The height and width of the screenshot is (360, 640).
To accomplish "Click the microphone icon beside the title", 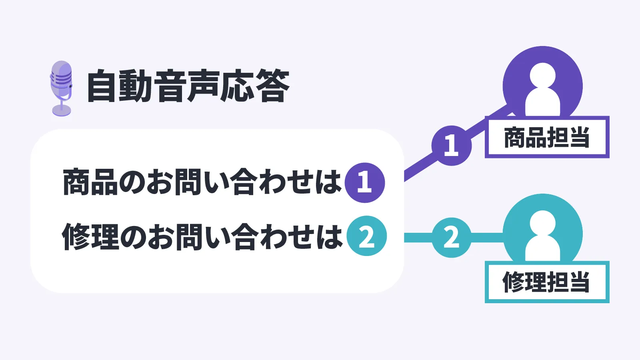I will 61,88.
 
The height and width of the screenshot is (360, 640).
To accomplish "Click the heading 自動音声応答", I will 188,86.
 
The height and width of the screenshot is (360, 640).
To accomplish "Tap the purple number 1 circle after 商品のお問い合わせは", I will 365,182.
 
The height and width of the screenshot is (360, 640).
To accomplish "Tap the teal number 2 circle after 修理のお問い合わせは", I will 366,236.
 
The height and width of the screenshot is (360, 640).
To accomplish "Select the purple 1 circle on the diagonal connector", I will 452,145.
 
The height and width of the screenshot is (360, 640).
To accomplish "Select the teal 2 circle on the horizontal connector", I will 452,238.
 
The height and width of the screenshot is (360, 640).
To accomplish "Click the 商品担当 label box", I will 547,137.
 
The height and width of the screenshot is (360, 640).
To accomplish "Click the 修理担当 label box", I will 547,282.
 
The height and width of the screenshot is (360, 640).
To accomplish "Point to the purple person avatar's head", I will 542,76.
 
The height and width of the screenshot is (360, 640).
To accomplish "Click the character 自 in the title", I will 102,86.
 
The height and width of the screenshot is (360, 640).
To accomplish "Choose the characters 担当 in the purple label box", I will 568,137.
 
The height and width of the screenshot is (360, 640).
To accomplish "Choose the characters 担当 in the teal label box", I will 568,282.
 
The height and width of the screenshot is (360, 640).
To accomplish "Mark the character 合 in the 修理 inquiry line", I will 245,236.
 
